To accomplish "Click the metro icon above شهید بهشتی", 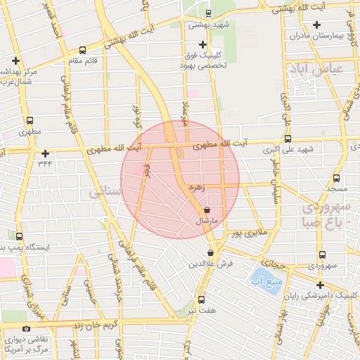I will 207,13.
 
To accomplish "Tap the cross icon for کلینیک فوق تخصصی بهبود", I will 203,45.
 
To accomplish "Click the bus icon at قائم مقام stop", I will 84,50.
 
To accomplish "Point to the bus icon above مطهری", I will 30,120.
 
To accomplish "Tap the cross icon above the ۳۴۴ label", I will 46,153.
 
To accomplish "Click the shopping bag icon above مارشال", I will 207,210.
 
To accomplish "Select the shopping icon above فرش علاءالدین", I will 210,253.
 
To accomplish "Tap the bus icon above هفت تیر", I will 202,299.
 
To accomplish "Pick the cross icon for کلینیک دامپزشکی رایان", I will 321,285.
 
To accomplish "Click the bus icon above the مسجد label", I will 336,178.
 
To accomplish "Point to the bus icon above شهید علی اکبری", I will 287,139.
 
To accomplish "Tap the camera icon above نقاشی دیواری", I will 27,329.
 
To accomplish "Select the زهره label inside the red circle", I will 197,188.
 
